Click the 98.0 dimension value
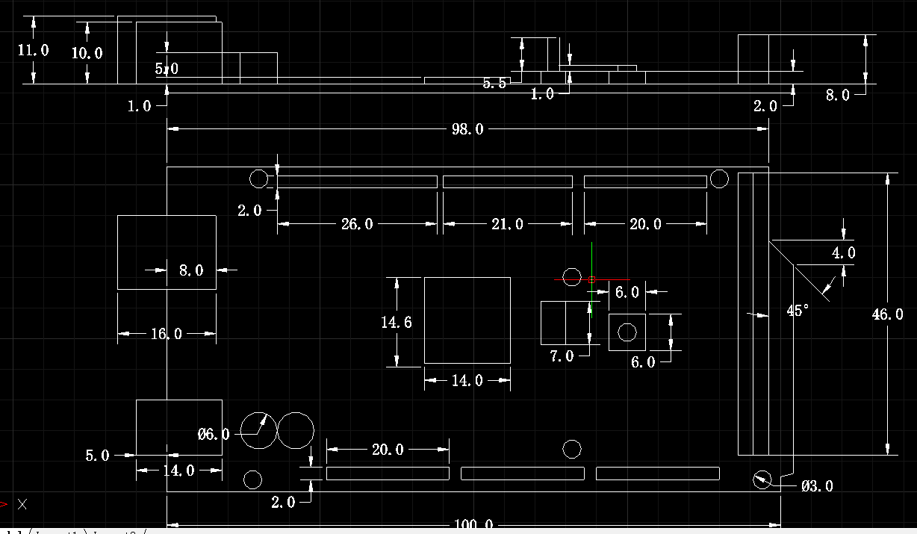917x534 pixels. click(467, 130)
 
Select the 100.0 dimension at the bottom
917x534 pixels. click(473, 526)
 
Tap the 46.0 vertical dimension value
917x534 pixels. click(887, 314)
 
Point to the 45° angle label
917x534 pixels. click(798, 311)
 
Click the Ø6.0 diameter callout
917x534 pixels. click(214, 434)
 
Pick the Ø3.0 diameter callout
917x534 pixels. click(817, 486)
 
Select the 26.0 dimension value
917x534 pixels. click(357, 224)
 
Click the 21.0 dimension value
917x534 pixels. click(508, 224)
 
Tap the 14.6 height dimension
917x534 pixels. click(397, 323)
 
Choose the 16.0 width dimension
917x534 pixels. click(167, 334)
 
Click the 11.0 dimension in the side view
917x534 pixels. click(33, 51)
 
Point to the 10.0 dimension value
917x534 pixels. click(87, 53)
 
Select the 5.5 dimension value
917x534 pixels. click(494, 84)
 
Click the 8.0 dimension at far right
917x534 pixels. click(837, 95)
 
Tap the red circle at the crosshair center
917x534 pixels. click(591, 279)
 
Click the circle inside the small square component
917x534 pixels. click(627, 332)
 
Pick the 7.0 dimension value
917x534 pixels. click(562, 357)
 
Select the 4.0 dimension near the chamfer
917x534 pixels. click(844, 253)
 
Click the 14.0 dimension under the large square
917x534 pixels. click(467, 381)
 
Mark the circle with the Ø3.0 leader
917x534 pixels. click(761, 479)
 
